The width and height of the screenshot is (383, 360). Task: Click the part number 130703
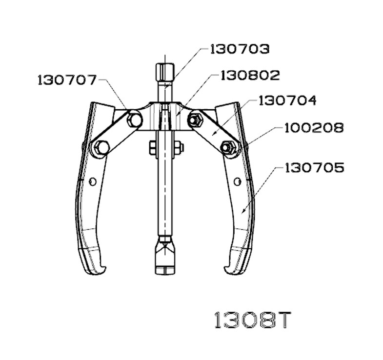[x=240, y=49]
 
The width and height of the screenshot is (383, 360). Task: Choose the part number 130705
[x=315, y=168]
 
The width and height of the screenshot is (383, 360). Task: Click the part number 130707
[x=67, y=80]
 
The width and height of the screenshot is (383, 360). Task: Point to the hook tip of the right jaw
[x=229, y=268]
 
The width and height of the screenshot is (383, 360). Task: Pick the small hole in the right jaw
[x=237, y=181]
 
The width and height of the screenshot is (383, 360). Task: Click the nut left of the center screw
[x=152, y=146]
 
